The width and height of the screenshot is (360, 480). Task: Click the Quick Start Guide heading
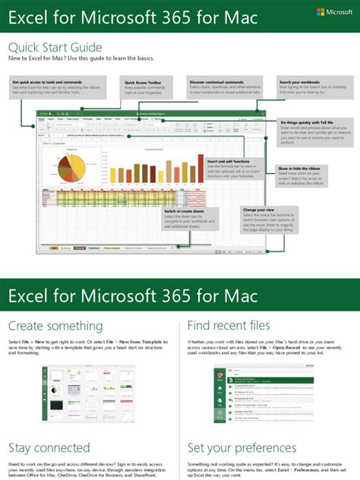click(x=55, y=47)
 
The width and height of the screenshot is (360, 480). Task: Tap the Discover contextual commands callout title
click(x=224, y=81)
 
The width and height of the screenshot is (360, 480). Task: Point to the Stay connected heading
click(x=49, y=447)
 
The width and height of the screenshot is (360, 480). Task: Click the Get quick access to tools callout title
click(x=46, y=81)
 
